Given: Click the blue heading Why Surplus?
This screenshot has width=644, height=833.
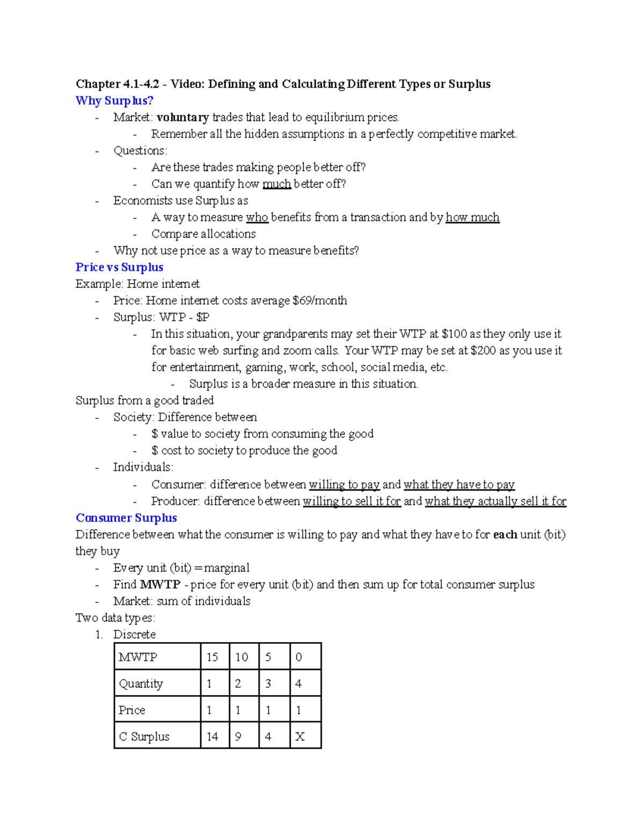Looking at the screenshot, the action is click(114, 100).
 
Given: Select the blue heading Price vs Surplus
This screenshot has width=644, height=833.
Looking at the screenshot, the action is click(119, 267).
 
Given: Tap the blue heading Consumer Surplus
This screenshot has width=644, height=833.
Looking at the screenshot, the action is click(126, 518).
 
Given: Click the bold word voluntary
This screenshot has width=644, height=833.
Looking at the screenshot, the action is click(182, 117).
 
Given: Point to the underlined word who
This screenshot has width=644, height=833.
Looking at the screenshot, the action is click(257, 217).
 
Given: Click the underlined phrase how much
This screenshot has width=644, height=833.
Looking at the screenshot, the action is click(472, 217).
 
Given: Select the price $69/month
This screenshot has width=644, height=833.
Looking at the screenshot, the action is click(320, 300).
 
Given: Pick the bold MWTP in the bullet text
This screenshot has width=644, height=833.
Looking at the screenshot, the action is click(160, 584).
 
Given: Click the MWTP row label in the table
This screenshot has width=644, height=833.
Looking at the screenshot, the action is click(138, 657).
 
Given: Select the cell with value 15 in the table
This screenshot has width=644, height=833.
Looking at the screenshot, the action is click(213, 657).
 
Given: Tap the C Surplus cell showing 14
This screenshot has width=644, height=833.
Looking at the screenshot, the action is click(213, 736).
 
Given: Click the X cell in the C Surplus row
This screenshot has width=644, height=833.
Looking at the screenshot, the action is click(299, 736).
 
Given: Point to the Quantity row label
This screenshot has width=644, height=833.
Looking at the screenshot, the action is click(141, 683).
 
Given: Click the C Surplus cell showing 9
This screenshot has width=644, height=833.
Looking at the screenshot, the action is click(238, 736).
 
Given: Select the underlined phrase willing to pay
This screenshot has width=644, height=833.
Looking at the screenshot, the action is click(344, 484).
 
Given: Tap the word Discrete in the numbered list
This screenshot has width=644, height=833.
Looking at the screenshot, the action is click(134, 634).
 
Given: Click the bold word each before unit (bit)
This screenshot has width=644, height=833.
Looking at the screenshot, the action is click(505, 534).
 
